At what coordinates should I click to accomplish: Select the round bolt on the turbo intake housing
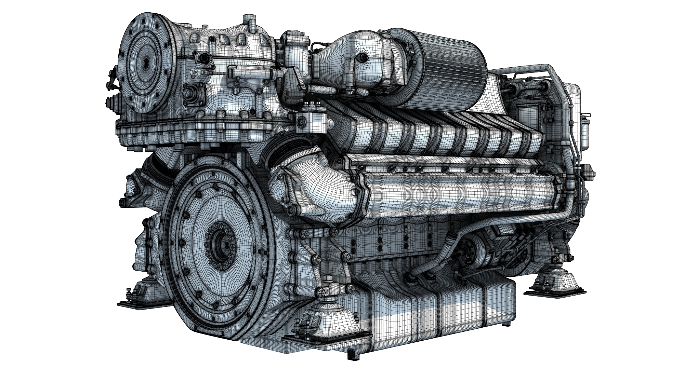click(364, 58)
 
